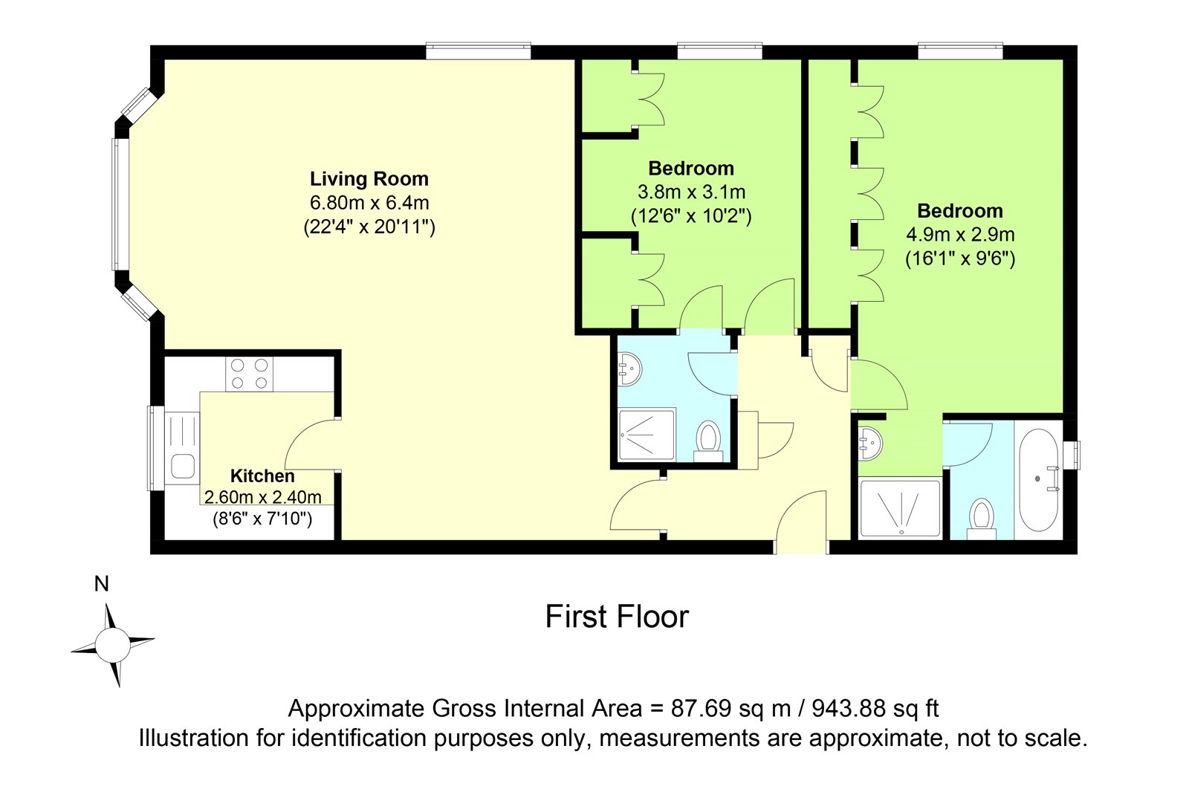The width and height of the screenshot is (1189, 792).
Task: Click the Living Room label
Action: coord(369,179)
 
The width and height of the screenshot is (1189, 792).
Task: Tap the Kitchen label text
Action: coord(262,475)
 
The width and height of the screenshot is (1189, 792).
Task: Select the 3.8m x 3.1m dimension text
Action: coord(691,192)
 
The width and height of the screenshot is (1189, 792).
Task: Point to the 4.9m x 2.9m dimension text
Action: coord(960,234)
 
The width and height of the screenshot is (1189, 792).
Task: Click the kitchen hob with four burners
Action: coord(250,374)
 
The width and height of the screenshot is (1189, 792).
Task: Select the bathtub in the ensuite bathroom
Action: coord(1039,480)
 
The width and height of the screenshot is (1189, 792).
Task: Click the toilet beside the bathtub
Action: coord(982,519)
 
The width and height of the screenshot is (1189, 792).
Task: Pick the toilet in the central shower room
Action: coord(708,441)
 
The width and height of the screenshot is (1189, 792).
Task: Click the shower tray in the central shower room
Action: coord(647,435)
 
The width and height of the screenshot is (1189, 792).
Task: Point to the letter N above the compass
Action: coord(101,584)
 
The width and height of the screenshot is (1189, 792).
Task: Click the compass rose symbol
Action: coord(112,644)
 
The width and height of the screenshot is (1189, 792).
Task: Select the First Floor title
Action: coord(617,617)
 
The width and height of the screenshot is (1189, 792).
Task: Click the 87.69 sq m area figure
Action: coord(731,708)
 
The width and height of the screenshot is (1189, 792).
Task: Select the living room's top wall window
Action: coord(479,51)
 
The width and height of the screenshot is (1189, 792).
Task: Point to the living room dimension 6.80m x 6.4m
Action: coord(369,203)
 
